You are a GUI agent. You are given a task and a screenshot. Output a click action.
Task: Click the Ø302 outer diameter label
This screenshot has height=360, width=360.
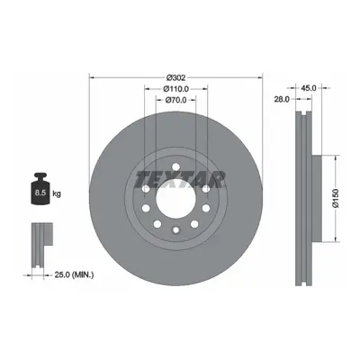click(x=176, y=77)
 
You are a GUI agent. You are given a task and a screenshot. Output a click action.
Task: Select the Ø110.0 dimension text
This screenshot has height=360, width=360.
click(x=175, y=89)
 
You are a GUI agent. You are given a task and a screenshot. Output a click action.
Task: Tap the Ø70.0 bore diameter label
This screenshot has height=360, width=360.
click(x=176, y=100)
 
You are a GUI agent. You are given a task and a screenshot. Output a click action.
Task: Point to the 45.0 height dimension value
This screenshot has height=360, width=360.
click(x=309, y=88)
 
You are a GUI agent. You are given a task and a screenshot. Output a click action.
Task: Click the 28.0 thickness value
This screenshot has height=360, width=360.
click(x=282, y=99)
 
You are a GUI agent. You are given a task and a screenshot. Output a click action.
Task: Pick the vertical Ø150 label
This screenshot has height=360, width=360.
click(x=336, y=198)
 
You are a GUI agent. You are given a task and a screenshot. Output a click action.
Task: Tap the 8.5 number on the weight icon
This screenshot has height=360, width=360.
click(x=40, y=193)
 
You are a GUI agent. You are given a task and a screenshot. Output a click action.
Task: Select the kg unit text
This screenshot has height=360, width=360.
click(x=57, y=193)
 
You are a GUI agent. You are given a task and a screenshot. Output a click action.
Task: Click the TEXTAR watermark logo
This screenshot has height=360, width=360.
click(x=180, y=180)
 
